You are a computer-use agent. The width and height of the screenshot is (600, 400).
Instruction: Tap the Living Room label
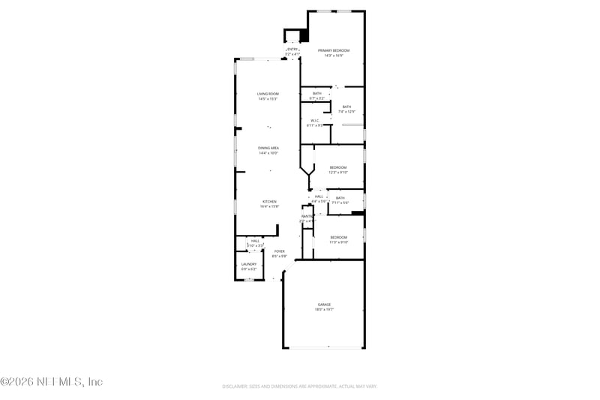[x=268, y=94]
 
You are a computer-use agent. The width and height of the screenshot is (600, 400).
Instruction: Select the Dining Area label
[x=268, y=149]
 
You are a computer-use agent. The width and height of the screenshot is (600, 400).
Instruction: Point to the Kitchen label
[x=269, y=201]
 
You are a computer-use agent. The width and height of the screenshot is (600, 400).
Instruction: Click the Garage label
[x=324, y=304]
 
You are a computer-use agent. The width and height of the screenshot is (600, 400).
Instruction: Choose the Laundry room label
[x=248, y=264]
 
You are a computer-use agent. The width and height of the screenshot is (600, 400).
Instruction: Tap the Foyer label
[x=279, y=251]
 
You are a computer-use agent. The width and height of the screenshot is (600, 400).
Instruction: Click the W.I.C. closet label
[x=315, y=120]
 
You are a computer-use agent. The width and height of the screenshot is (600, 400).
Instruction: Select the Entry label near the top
[x=292, y=50]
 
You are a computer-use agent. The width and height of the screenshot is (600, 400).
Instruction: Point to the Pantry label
[x=307, y=216]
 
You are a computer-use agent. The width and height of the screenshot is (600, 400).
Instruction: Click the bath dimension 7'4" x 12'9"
[x=346, y=112]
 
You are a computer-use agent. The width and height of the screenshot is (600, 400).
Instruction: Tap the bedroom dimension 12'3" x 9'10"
[x=338, y=172]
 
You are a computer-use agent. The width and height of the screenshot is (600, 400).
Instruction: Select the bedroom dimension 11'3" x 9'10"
[x=338, y=242]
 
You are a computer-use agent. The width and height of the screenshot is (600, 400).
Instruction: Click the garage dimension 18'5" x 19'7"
[x=324, y=309]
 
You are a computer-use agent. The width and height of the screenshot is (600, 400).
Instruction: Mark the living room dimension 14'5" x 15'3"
[x=268, y=99]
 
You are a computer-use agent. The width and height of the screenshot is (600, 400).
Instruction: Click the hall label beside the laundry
[x=255, y=241]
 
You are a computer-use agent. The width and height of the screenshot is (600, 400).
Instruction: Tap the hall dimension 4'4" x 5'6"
[x=319, y=201]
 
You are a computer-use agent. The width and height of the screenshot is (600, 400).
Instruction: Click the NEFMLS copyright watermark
[x=51, y=382]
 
